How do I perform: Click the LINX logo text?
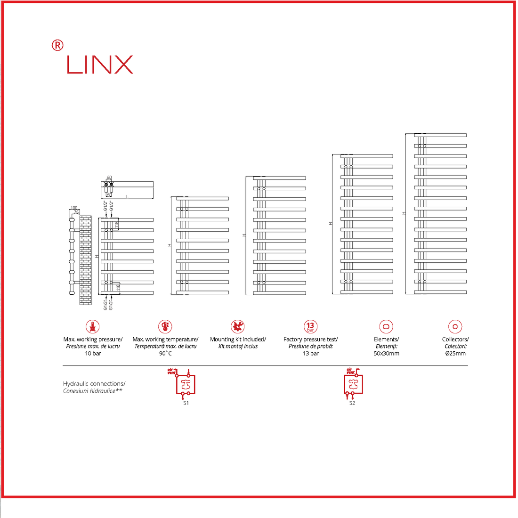tap(100, 65)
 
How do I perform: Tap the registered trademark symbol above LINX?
tap(57, 45)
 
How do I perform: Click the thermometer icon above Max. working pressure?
tap(93, 326)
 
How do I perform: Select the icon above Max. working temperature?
tap(165, 326)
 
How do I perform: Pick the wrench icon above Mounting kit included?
tap(238, 326)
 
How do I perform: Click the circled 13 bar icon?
tap(310, 326)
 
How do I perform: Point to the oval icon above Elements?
tap(386, 326)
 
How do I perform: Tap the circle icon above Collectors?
tap(455, 326)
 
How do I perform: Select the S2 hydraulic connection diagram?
tap(353, 383)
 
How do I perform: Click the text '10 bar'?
tap(93, 354)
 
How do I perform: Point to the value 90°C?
tap(165, 354)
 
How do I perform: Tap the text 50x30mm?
tap(386, 354)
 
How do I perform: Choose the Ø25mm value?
tap(455, 354)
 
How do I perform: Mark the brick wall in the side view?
tap(86, 260)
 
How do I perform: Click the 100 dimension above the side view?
tap(73, 208)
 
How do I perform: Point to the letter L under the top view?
tap(127, 196)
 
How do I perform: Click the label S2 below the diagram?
tap(352, 404)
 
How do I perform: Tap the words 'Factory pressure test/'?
tap(310, 340)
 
